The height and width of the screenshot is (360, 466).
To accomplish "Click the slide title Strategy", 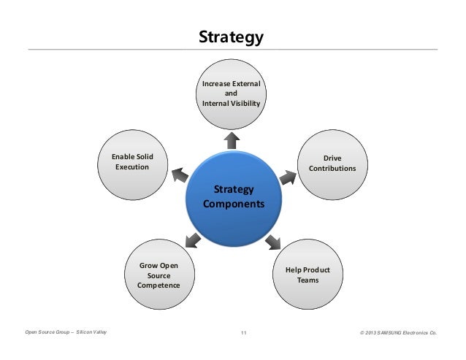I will (x=232, y=37).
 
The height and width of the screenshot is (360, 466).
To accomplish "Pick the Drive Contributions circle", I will (x=333, y=164).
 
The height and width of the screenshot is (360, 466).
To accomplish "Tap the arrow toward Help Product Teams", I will (x=274, y=240).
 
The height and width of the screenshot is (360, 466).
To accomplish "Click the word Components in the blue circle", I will (x=234, y=205).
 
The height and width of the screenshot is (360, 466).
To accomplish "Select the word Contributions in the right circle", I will (x=333, y=169).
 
